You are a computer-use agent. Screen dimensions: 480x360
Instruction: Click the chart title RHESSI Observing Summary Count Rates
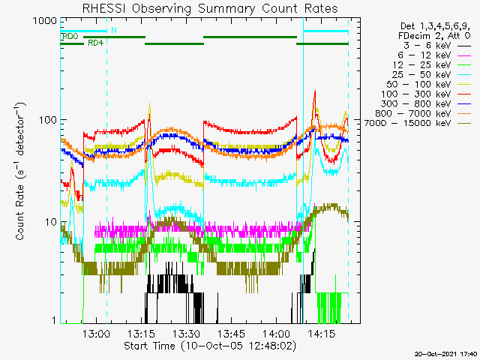click(210, 8)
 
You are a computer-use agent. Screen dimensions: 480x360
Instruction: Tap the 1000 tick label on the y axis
click(45, 21)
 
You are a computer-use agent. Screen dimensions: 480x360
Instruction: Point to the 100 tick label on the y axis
click(49, 119)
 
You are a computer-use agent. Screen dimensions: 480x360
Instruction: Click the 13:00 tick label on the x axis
click(96, 333)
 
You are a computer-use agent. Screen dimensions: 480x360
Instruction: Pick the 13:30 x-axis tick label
click(186, 333)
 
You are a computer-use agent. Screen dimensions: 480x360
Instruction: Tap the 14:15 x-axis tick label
click(322, 333)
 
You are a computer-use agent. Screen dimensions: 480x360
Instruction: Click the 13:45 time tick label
click(231, 333)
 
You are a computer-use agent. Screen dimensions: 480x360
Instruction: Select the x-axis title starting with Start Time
click(210, 346)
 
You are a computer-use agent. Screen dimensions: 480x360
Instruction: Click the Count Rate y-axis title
click(20, 172)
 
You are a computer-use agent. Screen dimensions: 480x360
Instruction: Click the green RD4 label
click(95, 43)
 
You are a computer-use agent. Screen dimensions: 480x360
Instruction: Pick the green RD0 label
click(70, 37)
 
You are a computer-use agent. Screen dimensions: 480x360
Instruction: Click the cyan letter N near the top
click(114, 30)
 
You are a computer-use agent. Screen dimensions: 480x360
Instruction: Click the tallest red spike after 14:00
click(314, 91)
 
